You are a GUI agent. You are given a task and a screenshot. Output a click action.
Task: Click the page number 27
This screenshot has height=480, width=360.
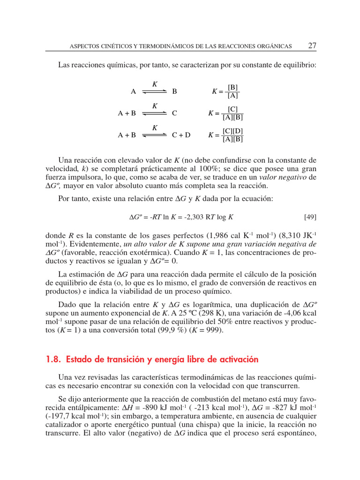point(312,45)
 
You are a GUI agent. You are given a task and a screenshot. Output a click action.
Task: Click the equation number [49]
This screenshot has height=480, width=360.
point(310,217)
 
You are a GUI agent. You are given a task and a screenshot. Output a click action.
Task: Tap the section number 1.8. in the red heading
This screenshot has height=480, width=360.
point(54,360)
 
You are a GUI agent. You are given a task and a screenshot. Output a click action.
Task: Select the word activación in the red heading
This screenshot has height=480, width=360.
point(236,360)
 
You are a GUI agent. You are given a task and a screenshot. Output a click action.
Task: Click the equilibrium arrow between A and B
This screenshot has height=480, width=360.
point(155,92)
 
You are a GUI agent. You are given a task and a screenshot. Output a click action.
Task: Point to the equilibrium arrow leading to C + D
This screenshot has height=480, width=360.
point(155,135)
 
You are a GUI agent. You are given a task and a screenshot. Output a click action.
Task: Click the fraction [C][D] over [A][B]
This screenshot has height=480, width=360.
point(233,135)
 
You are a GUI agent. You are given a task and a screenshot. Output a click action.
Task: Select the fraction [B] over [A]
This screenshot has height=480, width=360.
point(232,91)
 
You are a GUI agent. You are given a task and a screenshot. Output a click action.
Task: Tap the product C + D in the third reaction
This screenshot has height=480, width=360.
point(181,135)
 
